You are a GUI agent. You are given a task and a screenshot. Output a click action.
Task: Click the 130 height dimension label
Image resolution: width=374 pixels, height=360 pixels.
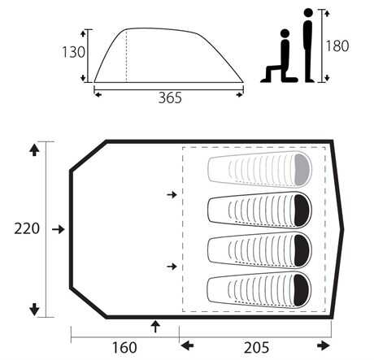pyautogui.click(x=73, y=52)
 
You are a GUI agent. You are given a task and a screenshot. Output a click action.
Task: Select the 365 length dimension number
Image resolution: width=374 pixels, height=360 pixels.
pyautogui.click(x=170, y=98)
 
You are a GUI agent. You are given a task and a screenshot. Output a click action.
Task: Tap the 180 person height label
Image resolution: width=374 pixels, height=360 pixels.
pyautogui.click(x=337, y=46)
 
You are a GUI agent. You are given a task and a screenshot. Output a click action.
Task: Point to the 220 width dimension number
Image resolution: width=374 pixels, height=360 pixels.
pyautogui.click(x=27, y=228)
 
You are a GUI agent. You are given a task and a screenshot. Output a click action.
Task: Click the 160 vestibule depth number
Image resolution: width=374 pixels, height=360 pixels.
pyautogui.click(x=124, y=348)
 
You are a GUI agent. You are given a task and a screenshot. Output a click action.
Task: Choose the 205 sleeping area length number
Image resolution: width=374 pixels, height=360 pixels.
pyautogui.click(x=257, y=348)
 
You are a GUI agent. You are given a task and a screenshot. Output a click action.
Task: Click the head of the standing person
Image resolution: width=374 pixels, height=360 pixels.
pyautogui.click(x=308, y=13)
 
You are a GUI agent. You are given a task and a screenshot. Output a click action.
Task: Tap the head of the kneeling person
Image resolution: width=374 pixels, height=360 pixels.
pyautogui.click(x=285, y=33)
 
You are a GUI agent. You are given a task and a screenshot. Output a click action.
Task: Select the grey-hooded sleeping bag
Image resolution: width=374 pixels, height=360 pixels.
pyautogui.click(x=260, y=169)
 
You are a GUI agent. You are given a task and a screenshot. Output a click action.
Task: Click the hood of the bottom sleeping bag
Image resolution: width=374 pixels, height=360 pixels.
pyautogui.click(x=302, y=290)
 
